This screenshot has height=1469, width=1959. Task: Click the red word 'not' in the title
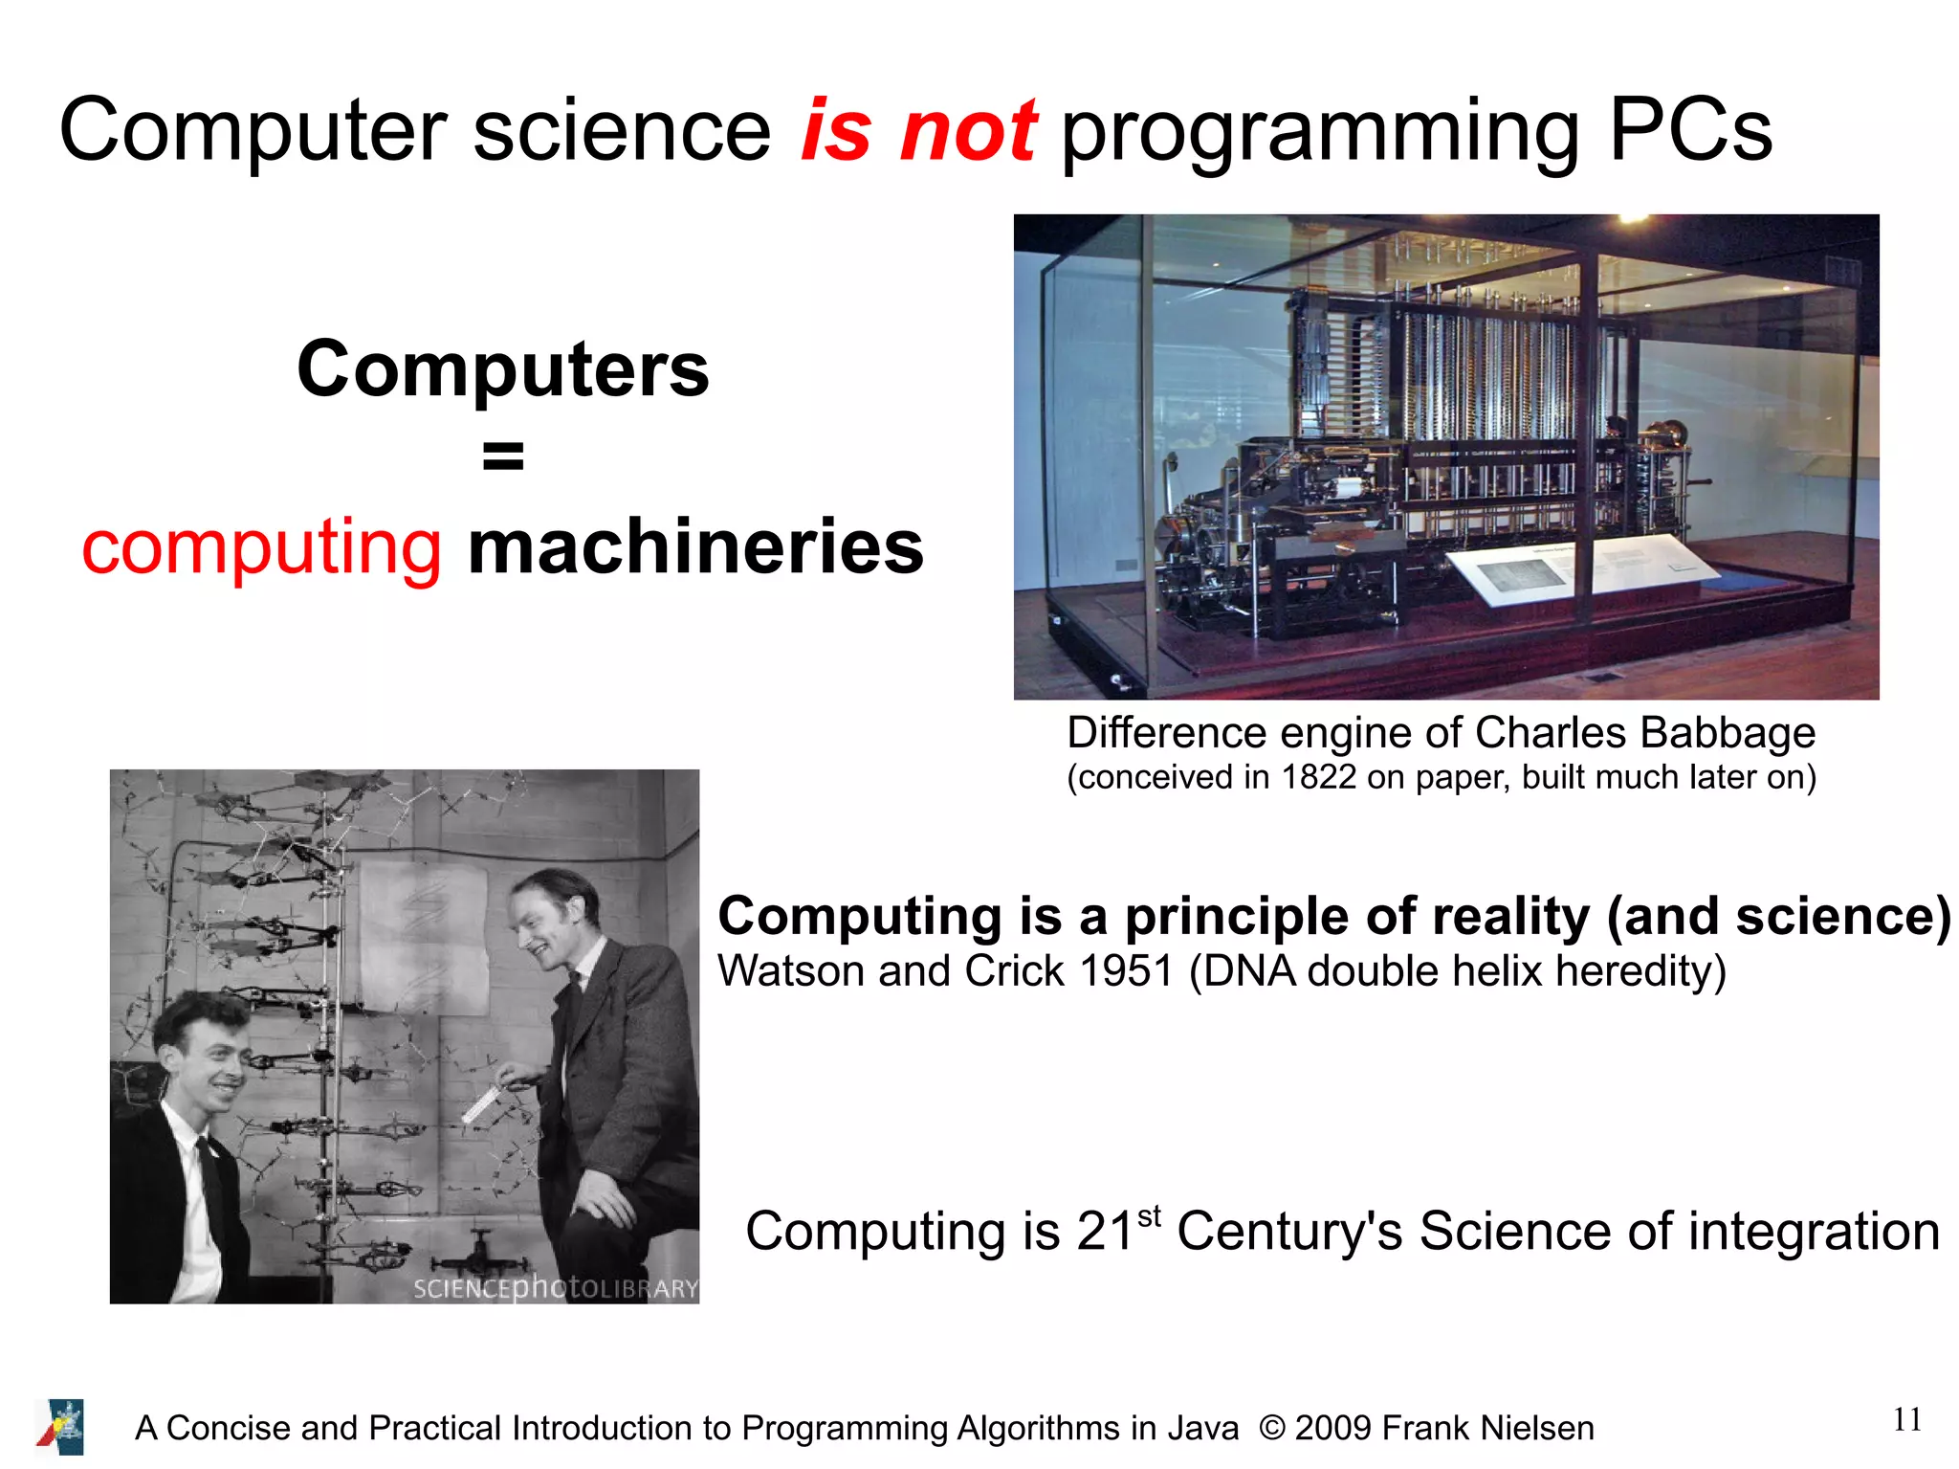pos(968,131)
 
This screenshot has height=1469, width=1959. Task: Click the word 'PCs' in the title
pos(1690,131)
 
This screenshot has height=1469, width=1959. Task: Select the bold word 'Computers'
pos(503,369)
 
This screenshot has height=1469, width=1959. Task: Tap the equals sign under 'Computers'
pos(503,456)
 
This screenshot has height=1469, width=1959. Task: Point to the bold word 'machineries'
pos(695,546)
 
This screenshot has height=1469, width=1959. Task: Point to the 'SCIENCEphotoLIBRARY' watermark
pos(555,1288)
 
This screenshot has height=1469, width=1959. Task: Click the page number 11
pos(1906,1420)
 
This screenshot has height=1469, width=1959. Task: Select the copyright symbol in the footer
pos(1271,1428)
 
